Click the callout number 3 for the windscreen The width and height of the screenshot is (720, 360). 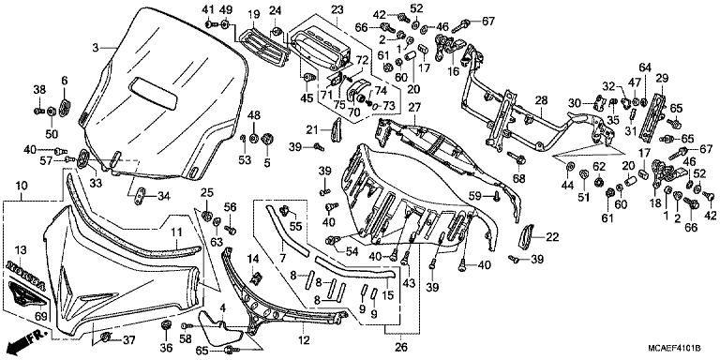(96, 47)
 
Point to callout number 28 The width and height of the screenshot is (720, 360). (541, 100)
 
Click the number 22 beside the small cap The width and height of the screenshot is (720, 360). (552, 236)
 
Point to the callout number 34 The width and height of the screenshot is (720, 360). (163, 196)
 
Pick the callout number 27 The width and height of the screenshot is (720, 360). (414, 107)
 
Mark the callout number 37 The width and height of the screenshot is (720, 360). (130, 339)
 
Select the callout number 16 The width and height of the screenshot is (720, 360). (453, 70)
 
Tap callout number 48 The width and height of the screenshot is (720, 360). (254, 114)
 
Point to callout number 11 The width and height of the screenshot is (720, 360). (174, 230)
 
